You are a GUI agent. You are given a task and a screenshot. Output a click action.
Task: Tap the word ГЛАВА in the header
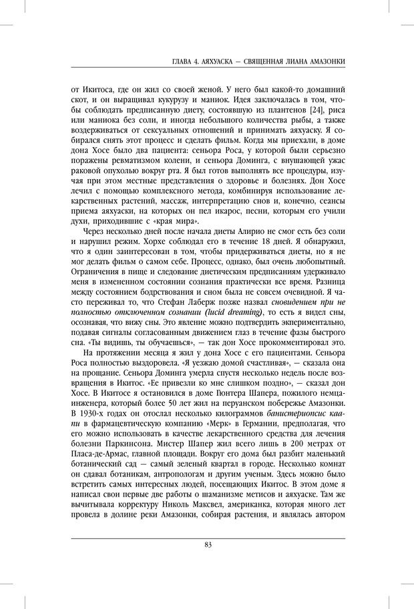coord(183,62)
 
